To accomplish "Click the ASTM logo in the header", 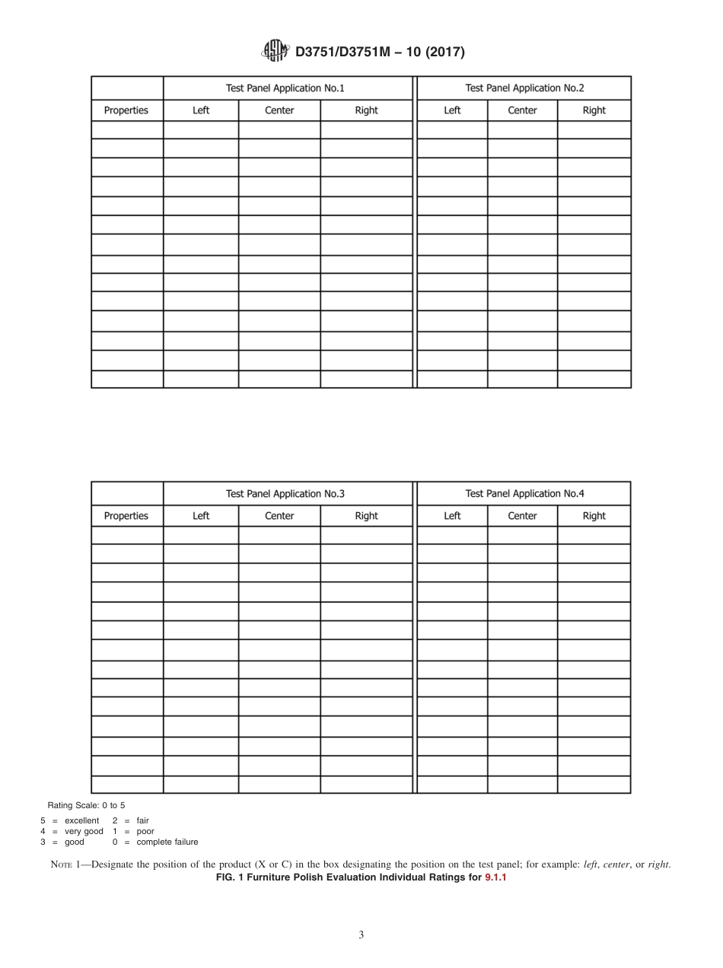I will pos(274,51).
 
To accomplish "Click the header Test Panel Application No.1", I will pos(285,88).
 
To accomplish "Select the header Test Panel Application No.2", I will pos(524,88).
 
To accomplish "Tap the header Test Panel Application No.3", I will pos(285,494).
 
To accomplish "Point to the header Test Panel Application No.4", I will pos(524,494).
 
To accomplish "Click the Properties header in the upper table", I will pos(126,110).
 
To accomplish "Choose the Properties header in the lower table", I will pos(126,516).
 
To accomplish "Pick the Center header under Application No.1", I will pos(279,110).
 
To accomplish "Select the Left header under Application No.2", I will pos(452,110).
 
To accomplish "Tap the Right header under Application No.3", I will pos(366,516).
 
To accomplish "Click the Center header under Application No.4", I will pos(522,516).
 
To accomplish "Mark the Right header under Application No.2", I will pos(594,110).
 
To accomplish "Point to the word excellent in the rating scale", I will pos(81,821).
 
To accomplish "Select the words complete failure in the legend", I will pos(167,842).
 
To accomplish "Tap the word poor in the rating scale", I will pos(145,832).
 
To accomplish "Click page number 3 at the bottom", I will pos(361,935).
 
